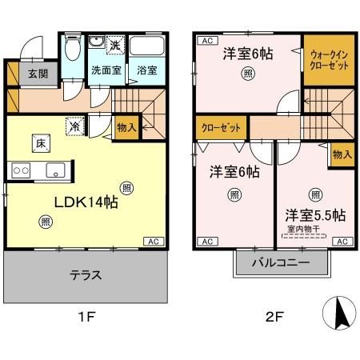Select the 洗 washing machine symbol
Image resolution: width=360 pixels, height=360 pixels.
(115, 45)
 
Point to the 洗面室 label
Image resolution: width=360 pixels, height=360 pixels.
(106, 70)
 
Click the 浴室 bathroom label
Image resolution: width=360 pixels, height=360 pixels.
(146, 70)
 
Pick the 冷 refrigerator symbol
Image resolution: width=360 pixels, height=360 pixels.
(74, 125)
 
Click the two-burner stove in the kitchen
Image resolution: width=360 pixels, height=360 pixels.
(20, 170)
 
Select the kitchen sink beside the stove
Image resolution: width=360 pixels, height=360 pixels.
(55, 169)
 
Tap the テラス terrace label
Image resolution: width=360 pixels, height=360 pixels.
(86, 275)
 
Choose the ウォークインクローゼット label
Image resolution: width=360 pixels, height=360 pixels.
(328, 59)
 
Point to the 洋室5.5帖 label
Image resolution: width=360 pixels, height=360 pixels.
(315, 215)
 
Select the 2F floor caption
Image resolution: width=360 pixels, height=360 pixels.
(274, 315)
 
